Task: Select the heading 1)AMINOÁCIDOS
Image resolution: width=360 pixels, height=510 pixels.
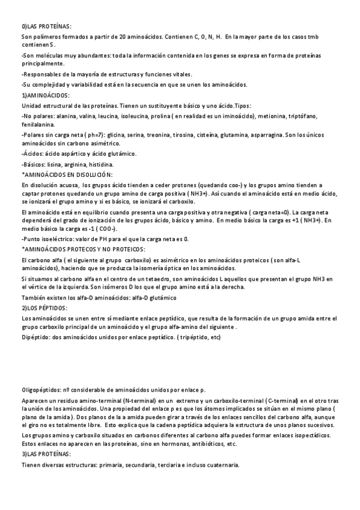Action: [46, 95]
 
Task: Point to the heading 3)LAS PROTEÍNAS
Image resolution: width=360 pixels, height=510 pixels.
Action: [46, 453]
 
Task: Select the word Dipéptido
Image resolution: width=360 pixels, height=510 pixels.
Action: [35, 337]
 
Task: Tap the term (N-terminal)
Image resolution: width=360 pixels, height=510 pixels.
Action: [140, 401]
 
